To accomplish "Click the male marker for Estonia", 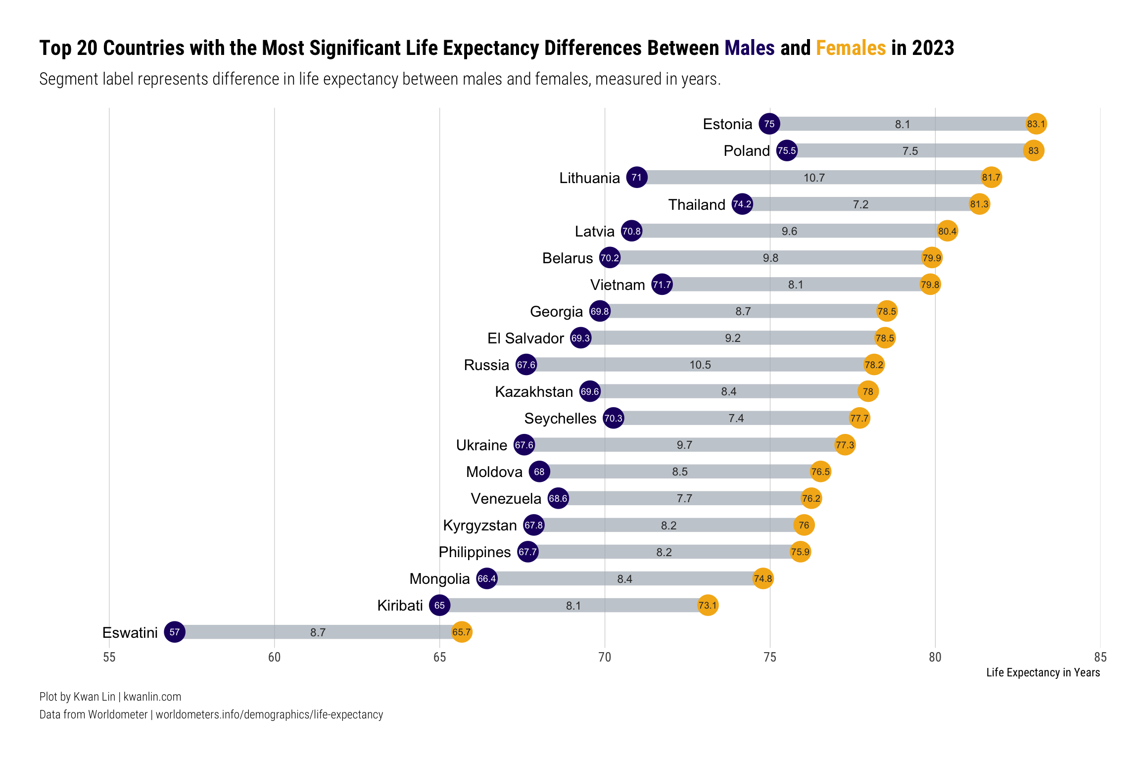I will [769, 124].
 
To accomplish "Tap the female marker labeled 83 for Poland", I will [1034, 150].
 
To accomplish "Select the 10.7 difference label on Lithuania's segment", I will [814, 178].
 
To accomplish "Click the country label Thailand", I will [697, 204].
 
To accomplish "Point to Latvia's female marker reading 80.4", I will [947, 231].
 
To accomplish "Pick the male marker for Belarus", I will [610, 258].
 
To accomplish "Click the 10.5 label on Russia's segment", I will [700, 365].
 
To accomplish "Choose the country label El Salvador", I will [525, 338].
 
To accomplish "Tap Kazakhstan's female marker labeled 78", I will [868, 391].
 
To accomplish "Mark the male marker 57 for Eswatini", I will [175, 632].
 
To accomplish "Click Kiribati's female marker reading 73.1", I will [708, 605].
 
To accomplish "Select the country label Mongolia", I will [439, 578].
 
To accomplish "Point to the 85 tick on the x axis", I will [1100, 657].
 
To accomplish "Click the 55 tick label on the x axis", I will [109, 657].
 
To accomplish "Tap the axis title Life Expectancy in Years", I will [1043, 672].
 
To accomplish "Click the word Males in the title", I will [750, 48].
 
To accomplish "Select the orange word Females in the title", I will [851, 48].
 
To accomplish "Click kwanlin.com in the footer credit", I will [152, 697].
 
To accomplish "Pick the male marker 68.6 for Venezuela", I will [558, 498].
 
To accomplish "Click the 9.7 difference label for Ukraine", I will [684, 445].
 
